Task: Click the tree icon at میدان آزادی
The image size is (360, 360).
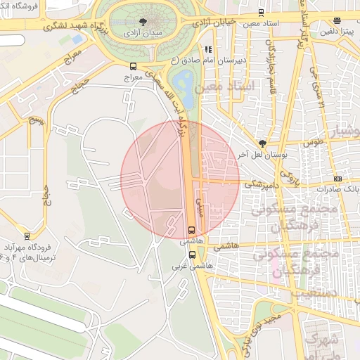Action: coord(144,22)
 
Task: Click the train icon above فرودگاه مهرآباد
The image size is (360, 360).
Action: coord(27,236)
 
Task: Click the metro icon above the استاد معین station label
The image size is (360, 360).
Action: coord(261,12)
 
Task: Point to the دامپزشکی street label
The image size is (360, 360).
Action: coord(259,184)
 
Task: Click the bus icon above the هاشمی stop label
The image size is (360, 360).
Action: coord(192,230)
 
